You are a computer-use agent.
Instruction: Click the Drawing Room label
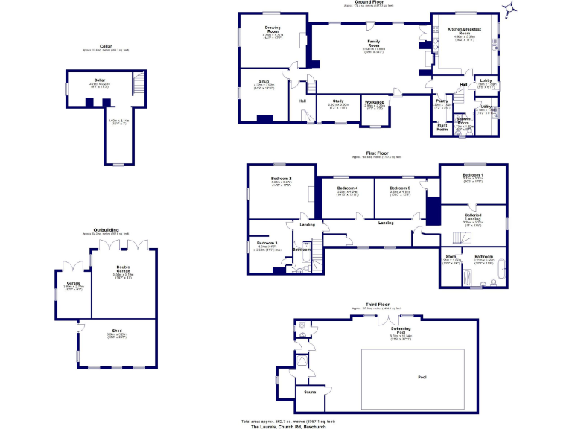click(273, 31)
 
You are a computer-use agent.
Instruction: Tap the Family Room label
click(374, 42)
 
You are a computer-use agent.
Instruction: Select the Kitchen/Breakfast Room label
click(464, 31)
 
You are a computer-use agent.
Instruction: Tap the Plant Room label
click(442, 127)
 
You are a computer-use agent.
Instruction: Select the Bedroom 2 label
click(280, 179)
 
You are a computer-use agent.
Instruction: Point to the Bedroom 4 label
click(347, 188)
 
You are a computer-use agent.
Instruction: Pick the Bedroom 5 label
click(400, 188)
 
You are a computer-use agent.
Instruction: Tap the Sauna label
click(309, 389)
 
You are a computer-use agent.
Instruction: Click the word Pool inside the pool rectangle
click(422, 377)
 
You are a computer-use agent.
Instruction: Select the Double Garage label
click(123, 270)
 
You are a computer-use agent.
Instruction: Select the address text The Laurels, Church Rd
click(284, 426)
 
